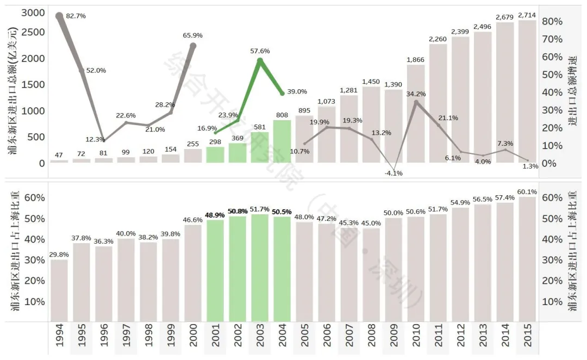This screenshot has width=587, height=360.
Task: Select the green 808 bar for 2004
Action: [x=282, y=141]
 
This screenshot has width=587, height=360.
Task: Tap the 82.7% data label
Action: [x=76, y=16]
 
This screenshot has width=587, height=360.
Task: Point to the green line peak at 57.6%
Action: [x=260, y=60]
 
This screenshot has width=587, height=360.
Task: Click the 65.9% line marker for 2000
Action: [x=193, y=46]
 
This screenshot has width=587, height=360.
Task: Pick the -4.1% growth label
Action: [x=393, y=173]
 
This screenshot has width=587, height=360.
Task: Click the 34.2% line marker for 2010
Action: [x=416, y=102]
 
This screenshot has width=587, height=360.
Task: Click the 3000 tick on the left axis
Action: [x=33, y=13]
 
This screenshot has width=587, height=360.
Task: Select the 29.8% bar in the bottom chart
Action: [x=59, y=290]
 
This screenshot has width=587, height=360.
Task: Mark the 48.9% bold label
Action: [x=215, y=215]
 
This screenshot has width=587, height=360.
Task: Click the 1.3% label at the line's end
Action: [x=530, y=166]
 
